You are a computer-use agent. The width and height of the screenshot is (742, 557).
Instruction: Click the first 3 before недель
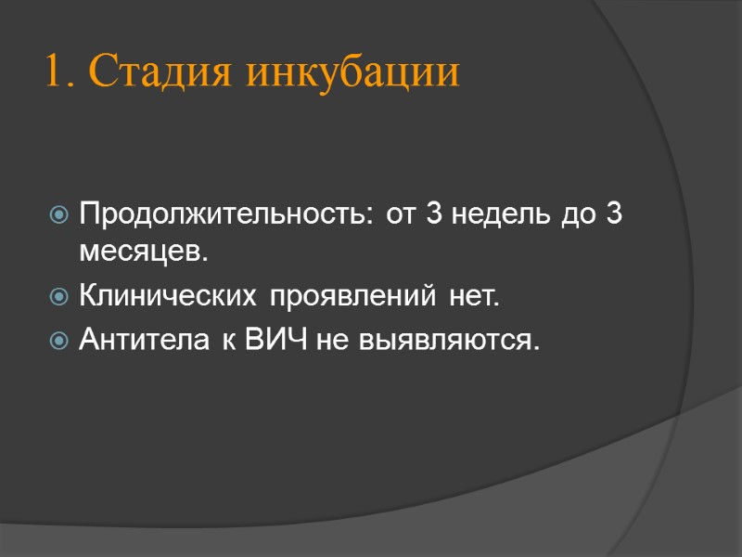click(x=433, y=215)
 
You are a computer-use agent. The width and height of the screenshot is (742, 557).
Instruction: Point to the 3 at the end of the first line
click(x=613, y=215)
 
